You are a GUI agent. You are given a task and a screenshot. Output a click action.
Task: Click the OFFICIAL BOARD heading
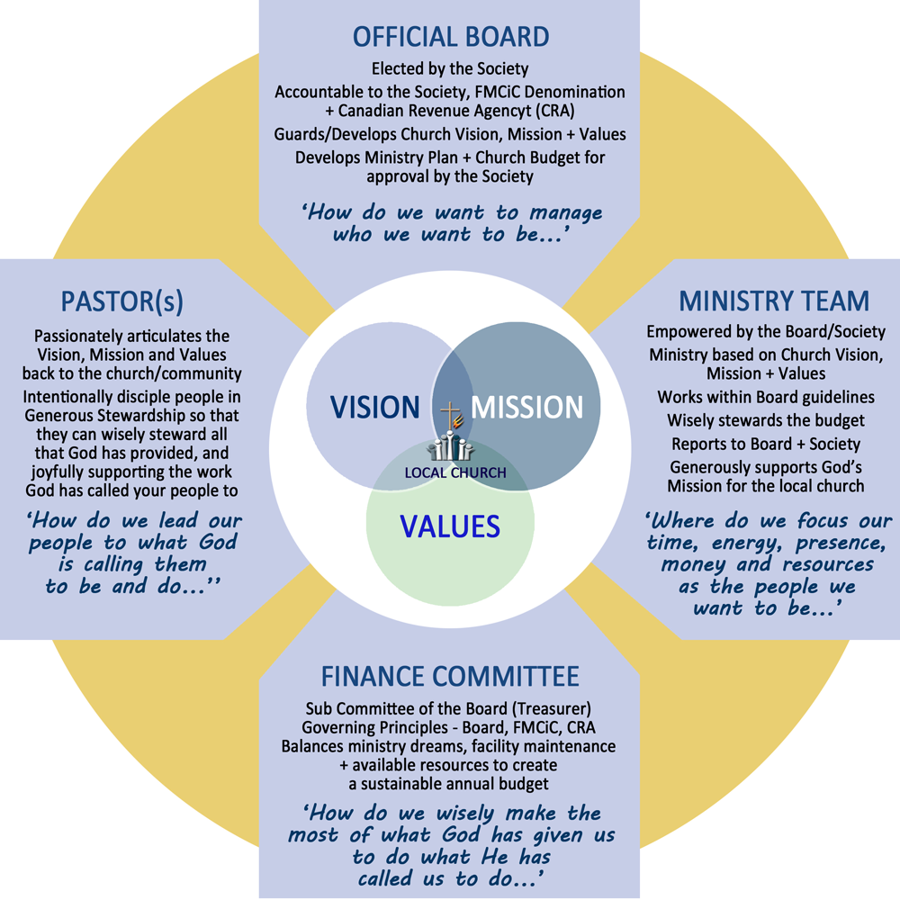click(x=450, y=37)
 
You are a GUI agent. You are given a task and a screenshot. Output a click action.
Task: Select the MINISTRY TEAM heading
click(x=773, y=301)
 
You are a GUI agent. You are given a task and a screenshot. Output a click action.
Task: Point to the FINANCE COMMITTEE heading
click(x=449, y=676)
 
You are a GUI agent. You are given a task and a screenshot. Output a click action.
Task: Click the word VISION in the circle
click(x=374, y=407)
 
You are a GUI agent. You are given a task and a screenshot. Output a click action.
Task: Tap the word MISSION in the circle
click(x=527, y=407)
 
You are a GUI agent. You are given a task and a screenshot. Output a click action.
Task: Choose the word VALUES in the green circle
click(x=450, y=525)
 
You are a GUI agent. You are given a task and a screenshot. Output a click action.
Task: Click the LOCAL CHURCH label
click(x=455, y=472)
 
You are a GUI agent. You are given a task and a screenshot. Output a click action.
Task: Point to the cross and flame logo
click(x=446, y=418)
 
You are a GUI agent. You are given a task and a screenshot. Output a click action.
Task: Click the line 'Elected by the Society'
click(x=450, y=68)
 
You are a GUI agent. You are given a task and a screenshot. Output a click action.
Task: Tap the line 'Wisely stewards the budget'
click(x=766, y=419)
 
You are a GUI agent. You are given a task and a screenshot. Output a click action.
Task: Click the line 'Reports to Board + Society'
click(x=766, y=444)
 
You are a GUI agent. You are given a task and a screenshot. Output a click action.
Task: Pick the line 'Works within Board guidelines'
click(x=766, y=397)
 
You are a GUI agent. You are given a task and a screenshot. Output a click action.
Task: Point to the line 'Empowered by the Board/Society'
click(x=766, y=331)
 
